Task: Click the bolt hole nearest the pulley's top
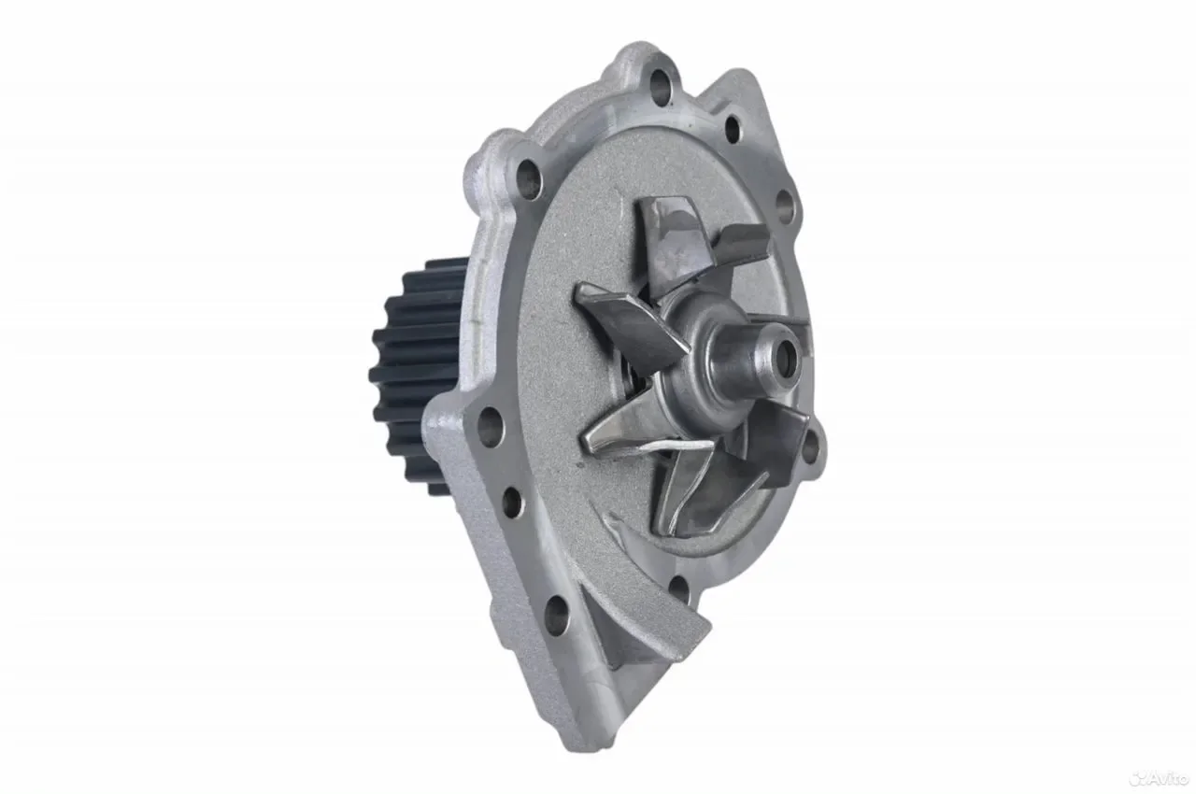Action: (530, 178)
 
